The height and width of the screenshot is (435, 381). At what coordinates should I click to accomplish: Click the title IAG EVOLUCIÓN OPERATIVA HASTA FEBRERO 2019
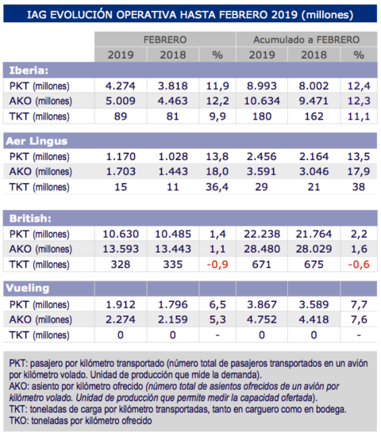click(x=190, y=13)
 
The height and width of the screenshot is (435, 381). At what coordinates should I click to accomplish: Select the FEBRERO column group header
click(x=165, y=39)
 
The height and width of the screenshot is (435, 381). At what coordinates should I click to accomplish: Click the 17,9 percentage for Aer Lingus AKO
click(x=358, y=171)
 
